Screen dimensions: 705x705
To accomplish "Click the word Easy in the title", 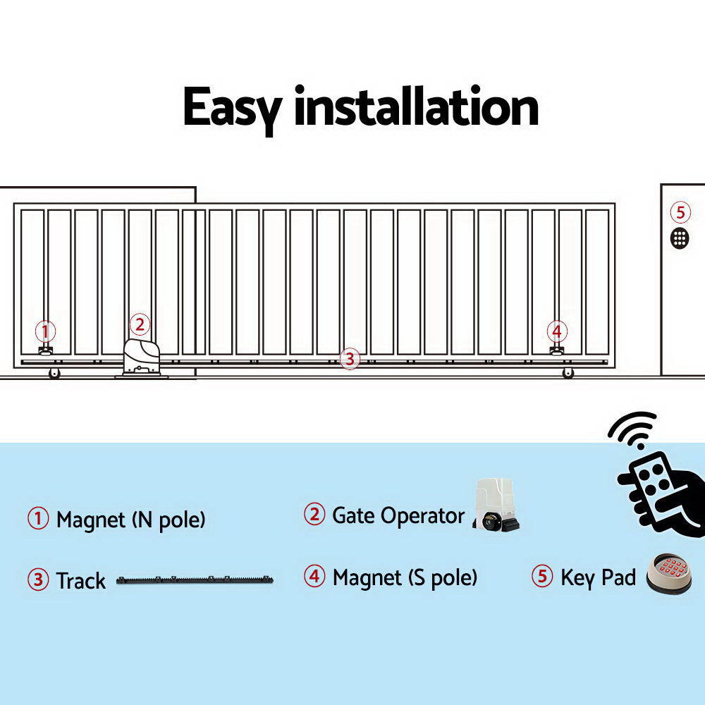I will tap(232, 108).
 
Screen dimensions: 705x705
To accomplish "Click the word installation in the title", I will tap(416, 108).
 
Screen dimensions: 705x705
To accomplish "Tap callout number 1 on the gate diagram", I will tap(46, 331).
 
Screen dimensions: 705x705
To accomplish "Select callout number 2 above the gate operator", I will tap(140, 324).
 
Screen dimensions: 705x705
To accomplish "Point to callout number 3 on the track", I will tap(349, 358).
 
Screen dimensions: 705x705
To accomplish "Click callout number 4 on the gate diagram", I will tap(557, 331).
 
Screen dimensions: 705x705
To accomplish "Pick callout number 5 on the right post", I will tap(680, 211).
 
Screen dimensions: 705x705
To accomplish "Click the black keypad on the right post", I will tap(680, 238).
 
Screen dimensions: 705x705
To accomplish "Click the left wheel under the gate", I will tap(54, 374).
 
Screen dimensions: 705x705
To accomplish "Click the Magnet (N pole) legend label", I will tap(130, 520).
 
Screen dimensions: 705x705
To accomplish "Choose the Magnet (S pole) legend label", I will tap(405, 578).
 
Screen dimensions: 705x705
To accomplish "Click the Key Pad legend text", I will tap(598, 578).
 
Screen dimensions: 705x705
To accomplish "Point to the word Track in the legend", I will tap(80, 582).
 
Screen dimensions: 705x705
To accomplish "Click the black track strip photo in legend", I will tap(195, 581).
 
